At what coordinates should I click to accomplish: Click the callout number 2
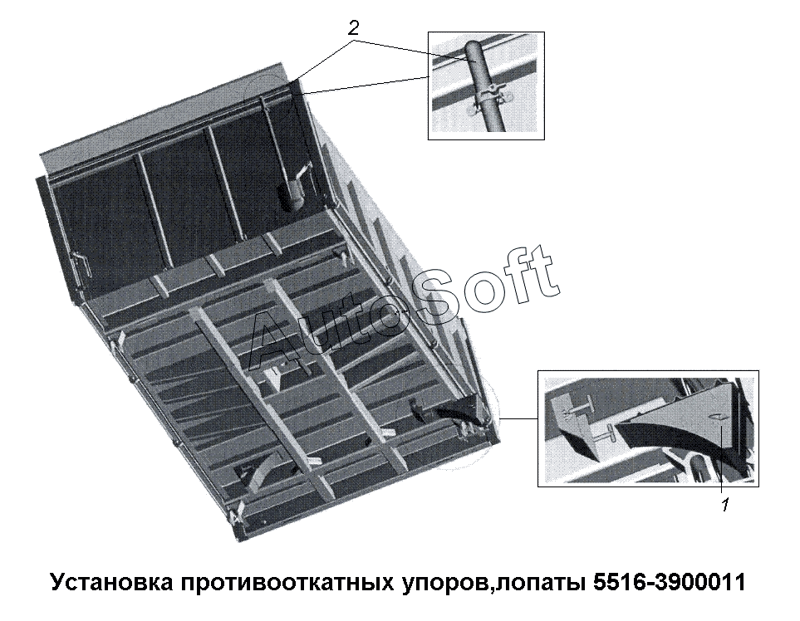(x=353, y=28)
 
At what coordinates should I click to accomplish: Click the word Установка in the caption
(x=112, y=582)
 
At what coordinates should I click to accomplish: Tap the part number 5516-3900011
(x=670, y=582)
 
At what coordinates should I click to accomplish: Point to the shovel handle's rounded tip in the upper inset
(x=474, y=45)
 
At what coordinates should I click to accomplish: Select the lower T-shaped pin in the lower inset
(x=604, y=433)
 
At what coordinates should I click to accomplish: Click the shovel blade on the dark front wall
(x=289, y=196)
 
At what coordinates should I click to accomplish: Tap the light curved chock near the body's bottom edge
(x=264, y=469)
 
